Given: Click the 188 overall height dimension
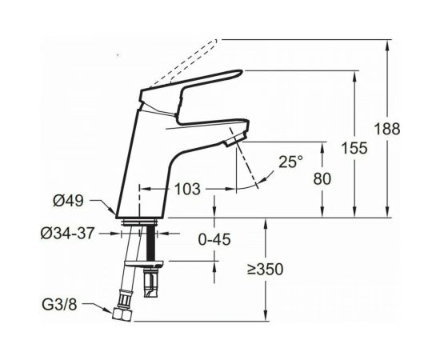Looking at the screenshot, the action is click(x=387, y=130).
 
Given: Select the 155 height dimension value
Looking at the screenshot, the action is click(x=354, y=148).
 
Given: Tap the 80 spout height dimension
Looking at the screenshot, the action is click(x=322, y=178).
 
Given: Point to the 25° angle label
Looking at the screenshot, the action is click(x=290, y=162).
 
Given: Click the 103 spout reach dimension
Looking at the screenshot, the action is click(x=187, y=189).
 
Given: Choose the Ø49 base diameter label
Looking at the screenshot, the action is click(x=69, y=201).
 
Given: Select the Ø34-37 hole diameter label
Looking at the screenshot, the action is click(x=67, y=234).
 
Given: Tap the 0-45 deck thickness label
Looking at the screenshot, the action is click(x=214, y=240).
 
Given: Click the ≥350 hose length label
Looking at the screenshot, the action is click(x=265, y=270).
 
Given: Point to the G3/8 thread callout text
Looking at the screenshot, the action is click(x=59, y=305).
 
